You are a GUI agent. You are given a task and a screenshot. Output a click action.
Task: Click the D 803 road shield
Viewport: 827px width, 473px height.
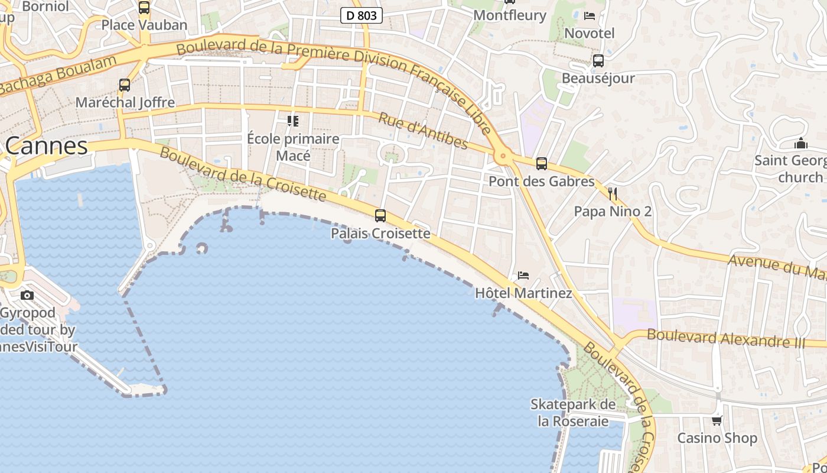pos(362,15)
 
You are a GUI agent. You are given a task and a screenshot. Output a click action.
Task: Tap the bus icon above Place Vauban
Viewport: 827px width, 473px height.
pos(144,8)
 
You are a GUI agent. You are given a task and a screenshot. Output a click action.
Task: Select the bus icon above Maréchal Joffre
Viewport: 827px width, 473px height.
pos(125,85)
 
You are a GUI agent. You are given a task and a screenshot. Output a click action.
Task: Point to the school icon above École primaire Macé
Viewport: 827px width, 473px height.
pos(293,121)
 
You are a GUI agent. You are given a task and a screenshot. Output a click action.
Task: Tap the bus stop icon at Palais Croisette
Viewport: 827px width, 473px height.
pos(380,216)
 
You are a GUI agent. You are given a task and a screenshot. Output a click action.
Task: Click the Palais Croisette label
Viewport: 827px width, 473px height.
pos(380,234)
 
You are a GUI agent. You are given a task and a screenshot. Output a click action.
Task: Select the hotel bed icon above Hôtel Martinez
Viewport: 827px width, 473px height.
pos(523,276)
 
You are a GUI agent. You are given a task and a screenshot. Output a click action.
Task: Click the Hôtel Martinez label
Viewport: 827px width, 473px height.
pos(523,293)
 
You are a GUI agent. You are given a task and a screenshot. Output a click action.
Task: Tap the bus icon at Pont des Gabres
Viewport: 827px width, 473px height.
pos(542,164)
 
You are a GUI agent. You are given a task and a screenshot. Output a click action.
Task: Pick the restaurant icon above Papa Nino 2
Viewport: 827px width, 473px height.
pos(613,193)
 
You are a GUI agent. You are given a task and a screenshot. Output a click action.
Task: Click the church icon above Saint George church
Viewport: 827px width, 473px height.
pos(801,143)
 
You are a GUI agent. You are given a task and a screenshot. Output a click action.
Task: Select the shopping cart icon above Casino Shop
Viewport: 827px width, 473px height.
pos(717,420)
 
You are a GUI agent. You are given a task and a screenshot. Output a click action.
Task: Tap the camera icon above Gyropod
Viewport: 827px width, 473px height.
pos(27,295)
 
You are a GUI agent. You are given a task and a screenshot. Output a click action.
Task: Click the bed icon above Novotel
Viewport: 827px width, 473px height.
pos(590,16)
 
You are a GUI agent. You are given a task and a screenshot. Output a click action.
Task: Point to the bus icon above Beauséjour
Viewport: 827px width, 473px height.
pos(598,60)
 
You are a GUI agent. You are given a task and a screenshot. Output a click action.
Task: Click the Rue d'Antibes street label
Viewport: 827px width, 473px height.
pos(423,131)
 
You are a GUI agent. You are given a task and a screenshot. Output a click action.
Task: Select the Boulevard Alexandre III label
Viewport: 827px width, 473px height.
pos(726,338)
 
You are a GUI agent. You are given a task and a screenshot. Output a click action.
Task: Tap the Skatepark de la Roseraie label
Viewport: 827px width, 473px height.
pos(573,413)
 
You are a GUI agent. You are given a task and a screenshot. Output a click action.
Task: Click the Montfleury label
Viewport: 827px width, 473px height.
pos(510,15)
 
